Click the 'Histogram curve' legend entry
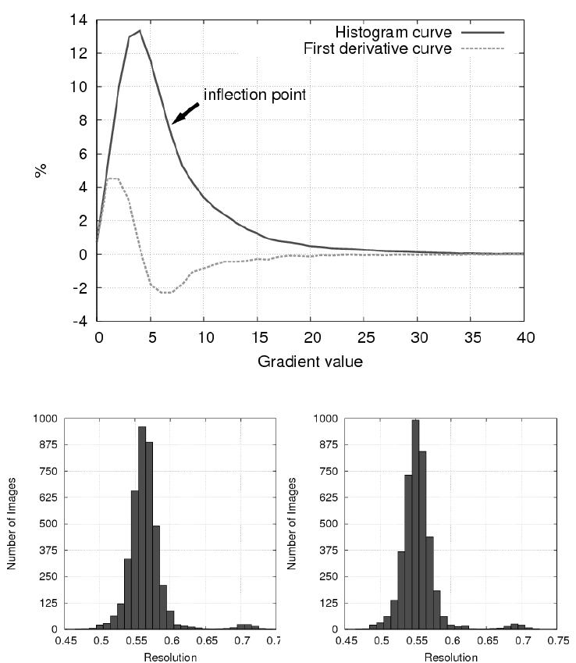393,32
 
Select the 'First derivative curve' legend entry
377,48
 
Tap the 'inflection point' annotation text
254,94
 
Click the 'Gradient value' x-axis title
311,362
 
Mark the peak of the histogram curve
140,31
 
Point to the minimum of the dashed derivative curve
166,293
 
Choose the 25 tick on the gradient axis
364,337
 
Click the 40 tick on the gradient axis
524,337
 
